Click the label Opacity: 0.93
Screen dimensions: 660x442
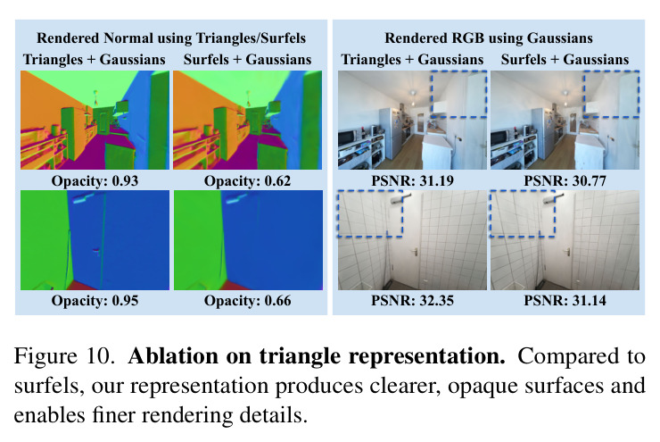95,180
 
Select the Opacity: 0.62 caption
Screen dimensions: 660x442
248,180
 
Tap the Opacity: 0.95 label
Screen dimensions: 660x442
95,300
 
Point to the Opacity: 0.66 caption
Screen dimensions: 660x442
248,300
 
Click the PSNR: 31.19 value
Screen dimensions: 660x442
412,180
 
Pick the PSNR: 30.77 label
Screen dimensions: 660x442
565,180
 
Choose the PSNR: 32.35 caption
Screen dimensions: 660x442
412,300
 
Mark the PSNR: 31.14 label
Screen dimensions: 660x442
565,300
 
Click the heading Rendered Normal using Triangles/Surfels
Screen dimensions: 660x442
171,38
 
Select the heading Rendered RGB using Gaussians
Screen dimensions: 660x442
489,38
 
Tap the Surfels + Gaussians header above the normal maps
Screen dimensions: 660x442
248,60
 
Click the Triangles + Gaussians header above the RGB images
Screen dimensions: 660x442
412,60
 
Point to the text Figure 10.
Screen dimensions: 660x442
64,356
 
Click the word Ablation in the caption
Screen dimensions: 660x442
173,356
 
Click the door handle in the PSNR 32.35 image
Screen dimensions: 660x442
415,252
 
